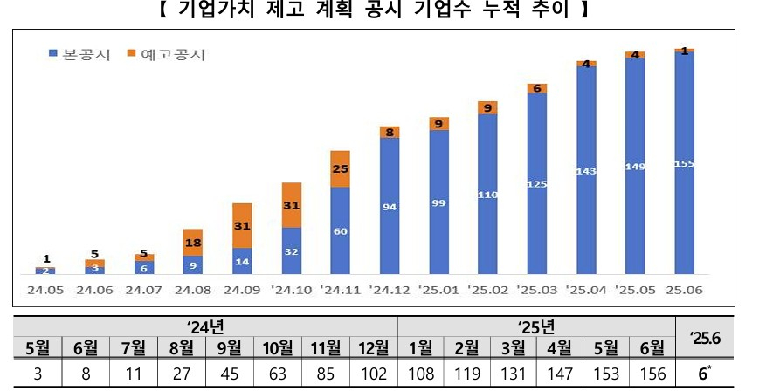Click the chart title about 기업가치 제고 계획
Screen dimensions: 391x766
382,11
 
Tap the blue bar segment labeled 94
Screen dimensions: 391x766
390,206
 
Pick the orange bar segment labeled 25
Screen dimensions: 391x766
341,168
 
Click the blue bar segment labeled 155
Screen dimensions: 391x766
685,164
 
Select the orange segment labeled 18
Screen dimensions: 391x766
193,242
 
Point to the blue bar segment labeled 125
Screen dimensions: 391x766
537,183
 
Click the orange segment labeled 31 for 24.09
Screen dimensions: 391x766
243,225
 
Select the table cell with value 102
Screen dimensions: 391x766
373,375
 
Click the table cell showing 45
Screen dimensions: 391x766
230,375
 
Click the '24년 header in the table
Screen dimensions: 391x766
206,327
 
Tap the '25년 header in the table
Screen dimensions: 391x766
536,327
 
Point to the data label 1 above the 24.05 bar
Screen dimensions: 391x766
45,259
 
